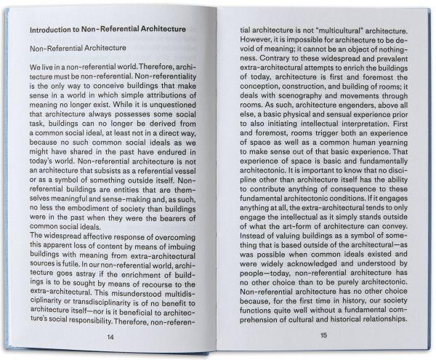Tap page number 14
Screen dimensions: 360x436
(110, 337)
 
